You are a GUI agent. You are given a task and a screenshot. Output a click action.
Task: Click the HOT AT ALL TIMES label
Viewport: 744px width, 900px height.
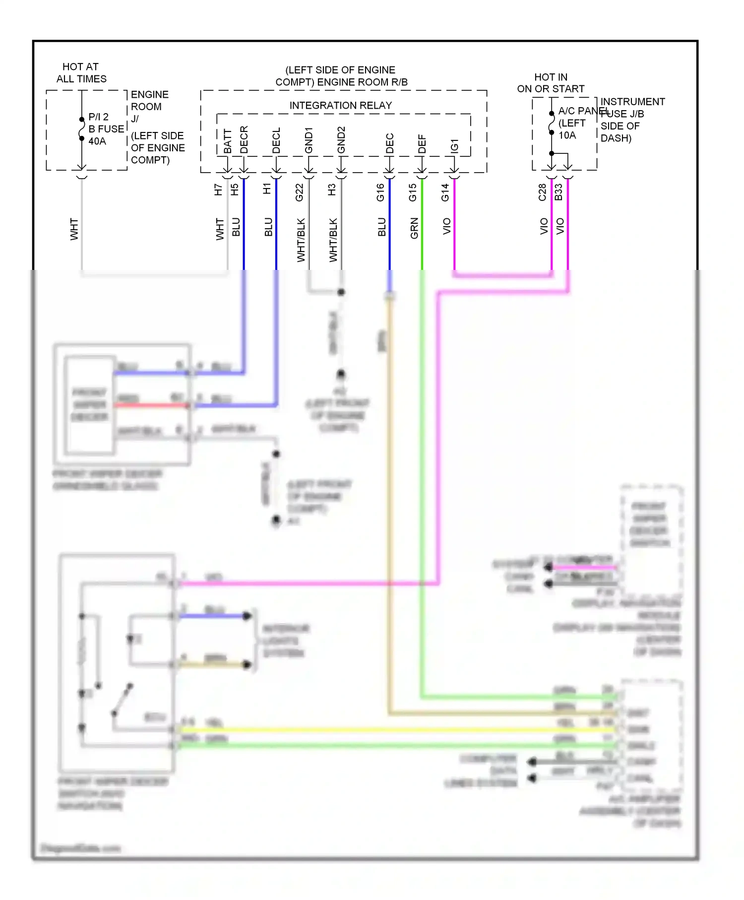click(81, 72)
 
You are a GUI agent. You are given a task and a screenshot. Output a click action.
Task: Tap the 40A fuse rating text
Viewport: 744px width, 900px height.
click(97, 141)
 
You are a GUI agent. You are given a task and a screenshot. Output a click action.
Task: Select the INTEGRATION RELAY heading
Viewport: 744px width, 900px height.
click(340, 106)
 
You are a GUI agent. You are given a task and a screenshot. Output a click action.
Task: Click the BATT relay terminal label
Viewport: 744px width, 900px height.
click(228, 141)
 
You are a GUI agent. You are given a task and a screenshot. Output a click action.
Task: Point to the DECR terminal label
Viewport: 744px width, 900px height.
click(244, 140)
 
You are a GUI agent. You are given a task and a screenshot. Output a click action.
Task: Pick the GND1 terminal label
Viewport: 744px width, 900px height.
click(309, 140)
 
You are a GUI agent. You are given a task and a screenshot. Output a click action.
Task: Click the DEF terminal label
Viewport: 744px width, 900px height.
click(422, 144)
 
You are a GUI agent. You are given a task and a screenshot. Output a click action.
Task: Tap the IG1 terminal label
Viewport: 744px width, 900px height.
click(454, 146)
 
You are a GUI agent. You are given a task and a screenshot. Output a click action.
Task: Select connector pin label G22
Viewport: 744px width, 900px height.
click(300, 193)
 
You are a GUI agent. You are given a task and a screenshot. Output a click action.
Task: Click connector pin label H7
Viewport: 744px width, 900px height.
click(218, 190)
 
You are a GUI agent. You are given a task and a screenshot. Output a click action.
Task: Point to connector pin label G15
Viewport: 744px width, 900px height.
click(413, 193)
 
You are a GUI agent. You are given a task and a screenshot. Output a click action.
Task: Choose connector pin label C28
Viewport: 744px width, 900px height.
click(542, 193)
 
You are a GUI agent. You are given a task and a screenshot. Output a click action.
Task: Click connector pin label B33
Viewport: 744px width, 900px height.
click(558, 193)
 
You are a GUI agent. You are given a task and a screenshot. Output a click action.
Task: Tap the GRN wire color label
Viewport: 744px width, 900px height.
click(414, 228)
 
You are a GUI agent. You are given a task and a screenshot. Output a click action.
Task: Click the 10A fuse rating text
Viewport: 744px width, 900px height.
click(567, 135)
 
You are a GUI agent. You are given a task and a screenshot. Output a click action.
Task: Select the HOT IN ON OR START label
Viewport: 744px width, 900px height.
click(551, 83)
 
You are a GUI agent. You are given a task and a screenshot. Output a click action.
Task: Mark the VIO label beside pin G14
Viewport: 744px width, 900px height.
click(446, 226)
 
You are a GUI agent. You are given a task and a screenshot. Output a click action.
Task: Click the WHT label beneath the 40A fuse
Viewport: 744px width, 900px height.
click(74, 229)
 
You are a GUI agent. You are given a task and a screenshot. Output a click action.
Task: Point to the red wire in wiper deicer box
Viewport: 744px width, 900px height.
click(151, 405)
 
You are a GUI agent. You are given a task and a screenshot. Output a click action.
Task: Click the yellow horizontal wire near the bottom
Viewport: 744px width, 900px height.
click(397, 730)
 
